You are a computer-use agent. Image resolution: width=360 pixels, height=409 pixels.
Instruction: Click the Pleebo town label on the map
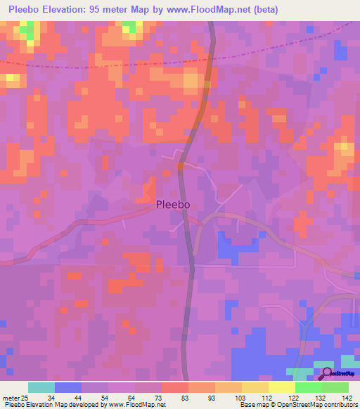coord(173,205)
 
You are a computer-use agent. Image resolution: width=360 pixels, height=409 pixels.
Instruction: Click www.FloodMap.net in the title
coord(212,10)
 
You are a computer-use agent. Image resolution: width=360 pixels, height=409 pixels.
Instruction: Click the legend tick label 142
coord(348,397)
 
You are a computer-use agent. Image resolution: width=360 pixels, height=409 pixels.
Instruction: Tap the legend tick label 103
coord(241,397)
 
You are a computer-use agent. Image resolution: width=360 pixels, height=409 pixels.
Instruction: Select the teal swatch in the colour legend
coord(41,387)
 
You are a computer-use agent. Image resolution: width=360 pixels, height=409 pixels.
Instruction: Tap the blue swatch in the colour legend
coord(67,387)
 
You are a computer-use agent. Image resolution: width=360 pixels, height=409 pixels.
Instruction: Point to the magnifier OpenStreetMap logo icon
coord(326,373)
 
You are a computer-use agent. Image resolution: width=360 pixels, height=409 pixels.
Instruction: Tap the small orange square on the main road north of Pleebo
coord(181,166)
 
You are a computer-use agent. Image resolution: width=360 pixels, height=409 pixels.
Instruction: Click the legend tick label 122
coord(295,397)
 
